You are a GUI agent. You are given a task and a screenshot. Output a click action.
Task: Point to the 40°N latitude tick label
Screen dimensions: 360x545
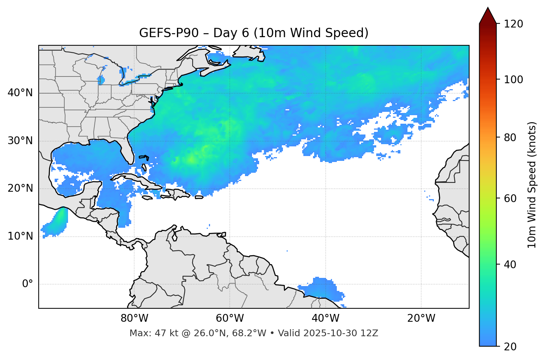pos(20,93)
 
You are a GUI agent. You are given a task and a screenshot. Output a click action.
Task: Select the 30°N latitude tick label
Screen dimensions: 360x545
pos(20,141)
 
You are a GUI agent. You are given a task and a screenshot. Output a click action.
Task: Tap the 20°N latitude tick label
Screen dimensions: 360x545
pos(20,188)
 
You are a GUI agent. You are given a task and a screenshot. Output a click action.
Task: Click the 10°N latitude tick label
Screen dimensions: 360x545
pos(20,236)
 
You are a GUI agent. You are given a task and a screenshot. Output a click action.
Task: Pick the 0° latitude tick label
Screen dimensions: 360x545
pos(28,284)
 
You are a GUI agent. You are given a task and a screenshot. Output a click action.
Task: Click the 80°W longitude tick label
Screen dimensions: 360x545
pos(134,318)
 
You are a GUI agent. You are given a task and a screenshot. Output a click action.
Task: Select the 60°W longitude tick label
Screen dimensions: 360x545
pos(230,318)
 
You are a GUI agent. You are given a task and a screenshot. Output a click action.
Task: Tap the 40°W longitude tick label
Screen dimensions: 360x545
pos(325,318)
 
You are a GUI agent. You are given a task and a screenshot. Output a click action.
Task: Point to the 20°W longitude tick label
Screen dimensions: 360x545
pos(421,318)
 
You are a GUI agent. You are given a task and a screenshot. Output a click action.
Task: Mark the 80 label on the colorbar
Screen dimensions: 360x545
pos(510,137)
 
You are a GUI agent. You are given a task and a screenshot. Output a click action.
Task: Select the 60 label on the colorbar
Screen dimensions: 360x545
pos(510,198)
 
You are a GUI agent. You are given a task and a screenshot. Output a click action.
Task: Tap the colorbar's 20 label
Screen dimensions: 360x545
pos(510,346)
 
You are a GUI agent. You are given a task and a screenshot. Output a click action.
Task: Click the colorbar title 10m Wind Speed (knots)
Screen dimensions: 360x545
pos(532,185)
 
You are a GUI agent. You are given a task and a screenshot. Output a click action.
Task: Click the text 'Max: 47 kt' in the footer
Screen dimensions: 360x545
pos(148,333)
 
